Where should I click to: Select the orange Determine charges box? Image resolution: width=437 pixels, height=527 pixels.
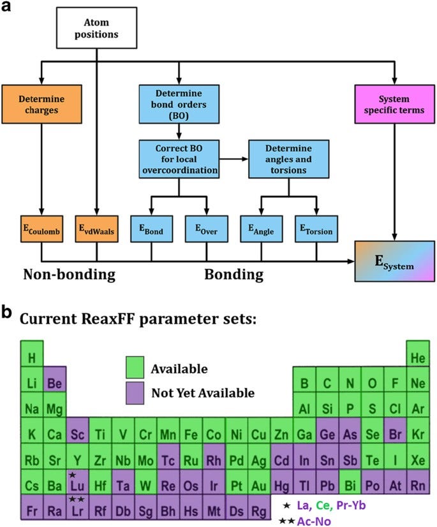point(41,103)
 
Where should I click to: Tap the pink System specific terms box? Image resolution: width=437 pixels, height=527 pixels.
point(394,103)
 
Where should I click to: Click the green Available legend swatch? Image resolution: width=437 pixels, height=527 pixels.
point(135,369)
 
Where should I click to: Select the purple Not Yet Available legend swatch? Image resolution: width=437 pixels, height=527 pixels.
point(135,392)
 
